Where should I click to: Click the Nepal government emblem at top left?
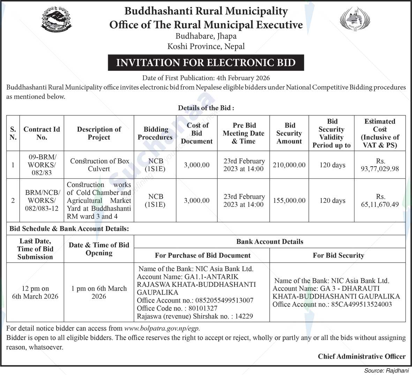point(57,20)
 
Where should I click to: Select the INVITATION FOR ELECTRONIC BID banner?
point(206,63)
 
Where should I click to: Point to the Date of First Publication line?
point(206,78)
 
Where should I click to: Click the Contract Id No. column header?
point(42,133)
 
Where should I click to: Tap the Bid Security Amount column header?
point(289,133)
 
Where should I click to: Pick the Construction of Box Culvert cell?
point(99,165)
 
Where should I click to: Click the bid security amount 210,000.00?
point(289,165)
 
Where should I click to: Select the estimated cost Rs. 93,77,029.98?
point(380,165)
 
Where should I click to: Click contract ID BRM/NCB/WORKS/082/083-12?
point(42,200)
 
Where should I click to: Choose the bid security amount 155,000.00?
point(289,200)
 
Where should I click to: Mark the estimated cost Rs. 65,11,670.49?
point(380,201)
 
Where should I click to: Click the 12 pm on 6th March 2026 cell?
point(35,292)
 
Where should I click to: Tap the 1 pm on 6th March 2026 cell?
point(99,292)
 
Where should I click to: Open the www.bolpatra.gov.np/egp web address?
point(162,328)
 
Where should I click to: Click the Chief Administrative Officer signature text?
point(361,356)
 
